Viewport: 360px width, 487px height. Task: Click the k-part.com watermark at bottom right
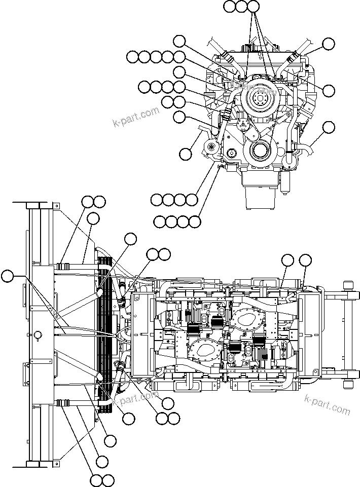pyautogui.click(x=327, y=403)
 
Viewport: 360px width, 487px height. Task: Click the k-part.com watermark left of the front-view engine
pyautogui.click(x=136, y=117)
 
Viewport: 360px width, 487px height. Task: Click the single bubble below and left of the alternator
pyautogui.click(x=186, y=153)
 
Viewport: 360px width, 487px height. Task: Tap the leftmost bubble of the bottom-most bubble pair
pyautogui.click(x=95, y=480)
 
